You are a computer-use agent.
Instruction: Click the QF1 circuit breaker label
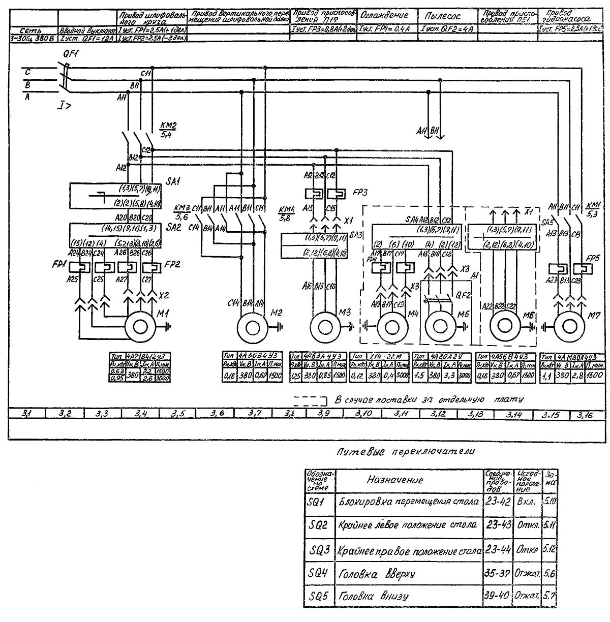pos(71,54)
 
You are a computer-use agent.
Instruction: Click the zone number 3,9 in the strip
pos(323,400)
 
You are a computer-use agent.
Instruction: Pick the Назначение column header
pos(395,480)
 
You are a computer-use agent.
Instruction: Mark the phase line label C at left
pos(28,73)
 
